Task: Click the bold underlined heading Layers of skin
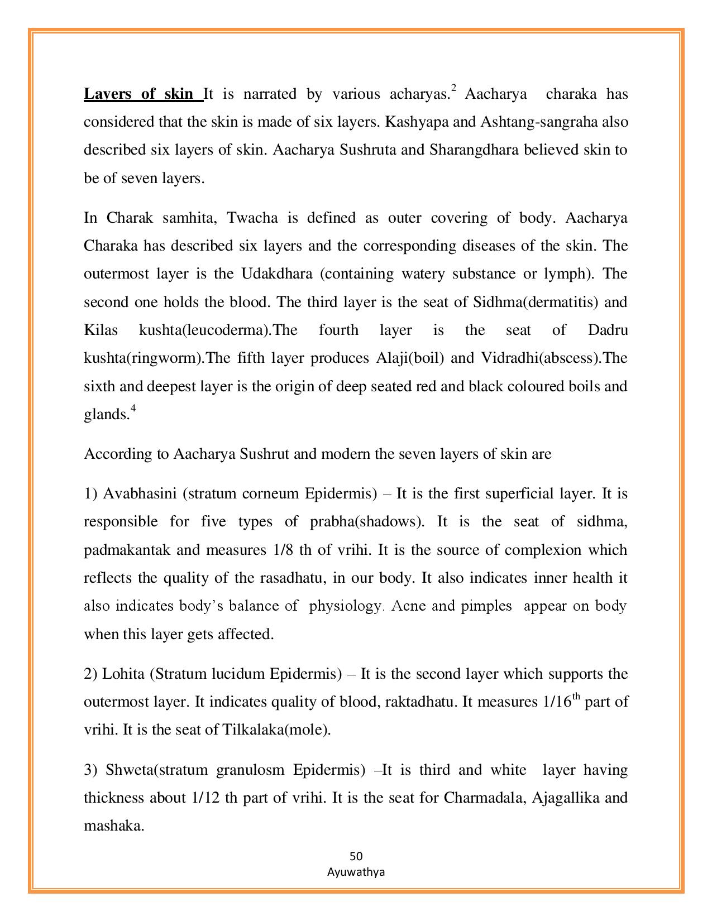point(142,94)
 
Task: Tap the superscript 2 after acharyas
point(454,88)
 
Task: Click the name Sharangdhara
point(474,150)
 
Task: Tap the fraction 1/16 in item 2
point(557,702)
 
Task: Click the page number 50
point(356,856)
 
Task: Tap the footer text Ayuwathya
point(356,872)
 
